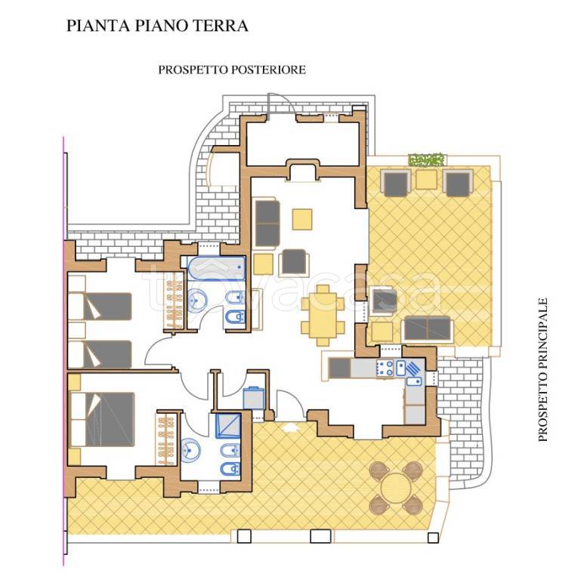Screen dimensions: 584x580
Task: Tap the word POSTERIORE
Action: click(268, 69)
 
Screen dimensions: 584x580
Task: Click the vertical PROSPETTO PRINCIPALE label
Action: click(543, 369)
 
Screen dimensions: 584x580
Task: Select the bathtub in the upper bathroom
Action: click(216, 268)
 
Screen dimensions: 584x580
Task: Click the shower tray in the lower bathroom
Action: click(228, 425)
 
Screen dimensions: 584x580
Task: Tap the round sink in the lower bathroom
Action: click(190, 450)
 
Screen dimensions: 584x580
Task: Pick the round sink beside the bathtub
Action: click(197, 300)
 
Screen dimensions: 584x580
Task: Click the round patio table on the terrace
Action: click(396, 487)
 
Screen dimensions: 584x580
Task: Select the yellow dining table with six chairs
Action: click(323, 316)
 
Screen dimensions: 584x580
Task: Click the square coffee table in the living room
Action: click(302, 219)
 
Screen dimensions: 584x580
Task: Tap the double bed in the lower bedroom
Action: click(102, 419)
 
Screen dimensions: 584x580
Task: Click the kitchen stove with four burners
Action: click(385, 368)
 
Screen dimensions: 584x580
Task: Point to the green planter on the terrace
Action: click(427, 159)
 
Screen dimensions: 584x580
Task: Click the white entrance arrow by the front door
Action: click(291, 427)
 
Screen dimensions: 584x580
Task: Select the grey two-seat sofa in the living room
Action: click(267, 223)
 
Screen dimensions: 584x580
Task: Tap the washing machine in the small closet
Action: click(253, 398)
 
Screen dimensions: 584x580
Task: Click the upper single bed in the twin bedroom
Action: click(100, 306)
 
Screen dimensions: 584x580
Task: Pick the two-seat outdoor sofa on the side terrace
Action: click(428, 329)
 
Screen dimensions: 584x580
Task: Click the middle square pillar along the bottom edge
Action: click(320, 535)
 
